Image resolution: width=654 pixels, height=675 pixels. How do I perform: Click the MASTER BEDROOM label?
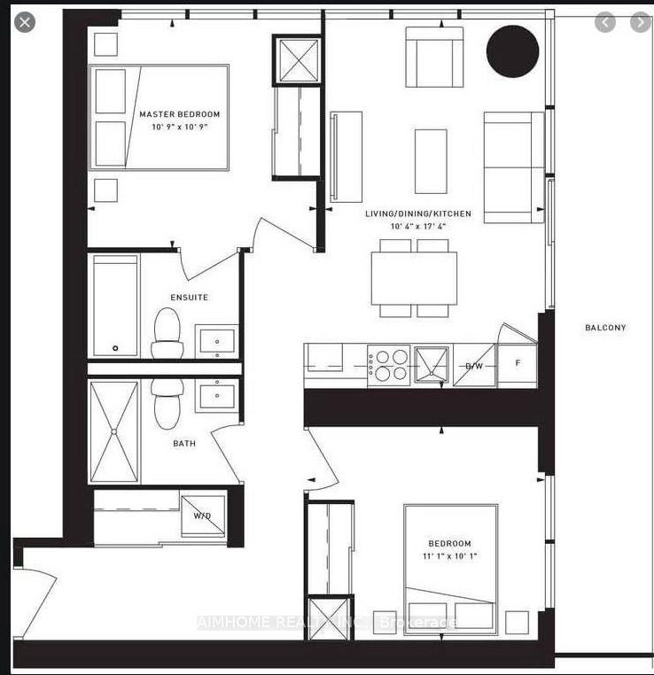coord(179,114)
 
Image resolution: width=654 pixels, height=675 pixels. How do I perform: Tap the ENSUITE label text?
coord(189,298)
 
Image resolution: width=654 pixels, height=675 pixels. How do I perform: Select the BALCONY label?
coord(605,328)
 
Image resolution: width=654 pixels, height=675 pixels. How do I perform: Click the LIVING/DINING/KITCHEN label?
coord(418,214)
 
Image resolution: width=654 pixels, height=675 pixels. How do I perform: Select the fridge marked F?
coord(516,363)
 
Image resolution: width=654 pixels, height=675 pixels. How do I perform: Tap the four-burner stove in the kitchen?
coord(390,365)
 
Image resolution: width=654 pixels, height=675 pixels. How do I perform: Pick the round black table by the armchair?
coord(513,50)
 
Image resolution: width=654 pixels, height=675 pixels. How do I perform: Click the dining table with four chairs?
coord(414,278)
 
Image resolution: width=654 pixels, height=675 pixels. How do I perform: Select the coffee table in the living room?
coord(431,161)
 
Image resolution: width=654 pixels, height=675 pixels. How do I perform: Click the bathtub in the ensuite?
coord(115,306)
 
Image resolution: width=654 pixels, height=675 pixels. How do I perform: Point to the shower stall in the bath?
coord(114,432)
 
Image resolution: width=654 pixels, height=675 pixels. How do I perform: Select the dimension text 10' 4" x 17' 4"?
coord(418,228)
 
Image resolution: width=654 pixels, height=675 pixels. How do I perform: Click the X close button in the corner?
coord(25,22)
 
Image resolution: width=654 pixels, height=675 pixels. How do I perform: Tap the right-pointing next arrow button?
coord(639,23)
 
